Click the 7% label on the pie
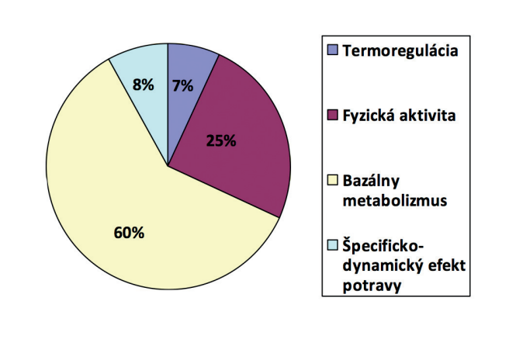tap(182, 85)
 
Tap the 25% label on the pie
tap(221, 141)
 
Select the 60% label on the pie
tap(129, 233)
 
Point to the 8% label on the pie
tap(143, 85)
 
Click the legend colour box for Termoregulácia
tap(332, 50)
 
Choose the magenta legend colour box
tap(332, 115)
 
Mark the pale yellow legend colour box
tap(332, 180)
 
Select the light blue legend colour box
tap(332, 244)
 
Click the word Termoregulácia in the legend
tap(400, 51)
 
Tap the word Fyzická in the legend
tap(369, 116)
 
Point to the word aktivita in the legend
tap(428, 116)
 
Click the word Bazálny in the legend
tap(371, 181)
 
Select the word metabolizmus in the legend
tap(395, 200)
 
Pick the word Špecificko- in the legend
tap(383, 246)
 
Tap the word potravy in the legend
tap(372, 286)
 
